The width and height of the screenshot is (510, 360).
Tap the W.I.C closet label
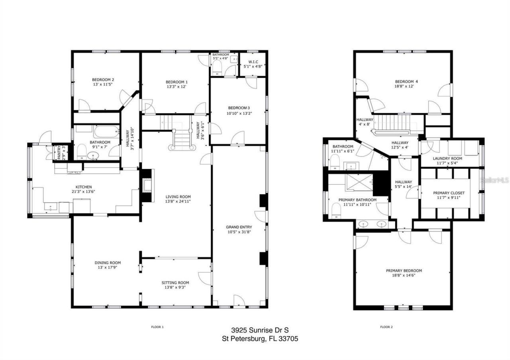[x=253, y=61]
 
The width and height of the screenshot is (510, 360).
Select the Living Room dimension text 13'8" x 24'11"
[x=178, y=202]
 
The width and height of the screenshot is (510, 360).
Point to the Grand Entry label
[x=239, y=227]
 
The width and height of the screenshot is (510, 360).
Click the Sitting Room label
[x=177, y=282]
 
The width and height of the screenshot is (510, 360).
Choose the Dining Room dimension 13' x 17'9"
[x=108, y=268]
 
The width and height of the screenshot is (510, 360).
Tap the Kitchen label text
[x=84, y=187]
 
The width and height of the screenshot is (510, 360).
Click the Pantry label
[x=59, y=152]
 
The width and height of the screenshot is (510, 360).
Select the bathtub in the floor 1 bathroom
[x=106, y=131]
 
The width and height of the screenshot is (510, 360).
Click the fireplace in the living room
[x=146, y=186]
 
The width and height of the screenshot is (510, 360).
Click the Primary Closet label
[x=449, y=193]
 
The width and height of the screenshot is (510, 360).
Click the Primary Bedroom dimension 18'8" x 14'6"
[x=404, y=276]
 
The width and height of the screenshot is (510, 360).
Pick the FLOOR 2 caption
[x=386, y=327]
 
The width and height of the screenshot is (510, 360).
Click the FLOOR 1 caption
[x=157, y=327]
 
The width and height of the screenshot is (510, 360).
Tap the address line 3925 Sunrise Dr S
[x=260, y=330]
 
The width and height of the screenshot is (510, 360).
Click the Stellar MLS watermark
[x=494, y=180]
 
